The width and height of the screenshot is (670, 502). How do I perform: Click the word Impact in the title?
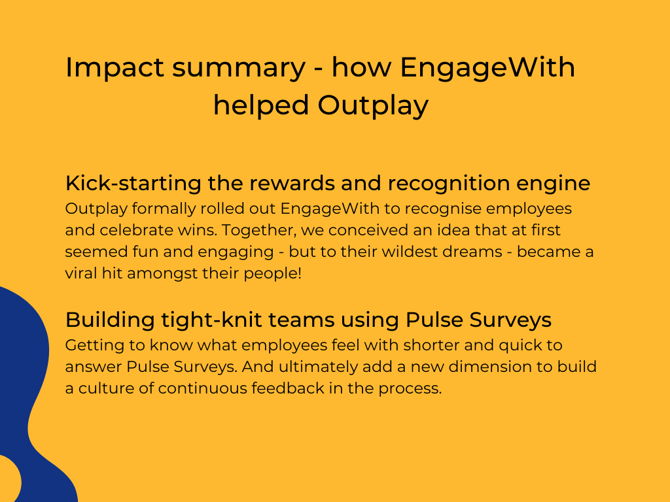click(x=115, y=67)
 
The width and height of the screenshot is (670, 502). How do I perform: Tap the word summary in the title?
click(x=239, y=68)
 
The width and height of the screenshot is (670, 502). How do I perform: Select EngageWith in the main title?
click(x=487, y=67)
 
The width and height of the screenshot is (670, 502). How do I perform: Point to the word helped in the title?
click(x=260, y=105)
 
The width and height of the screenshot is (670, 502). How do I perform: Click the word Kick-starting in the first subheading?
click(x=133, y=183)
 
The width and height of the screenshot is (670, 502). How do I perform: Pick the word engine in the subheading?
click(x=554, y=184)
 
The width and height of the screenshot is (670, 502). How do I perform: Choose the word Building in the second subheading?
click(x=110, y=320)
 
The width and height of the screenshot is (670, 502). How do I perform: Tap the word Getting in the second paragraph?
click(x=94, y=346)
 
